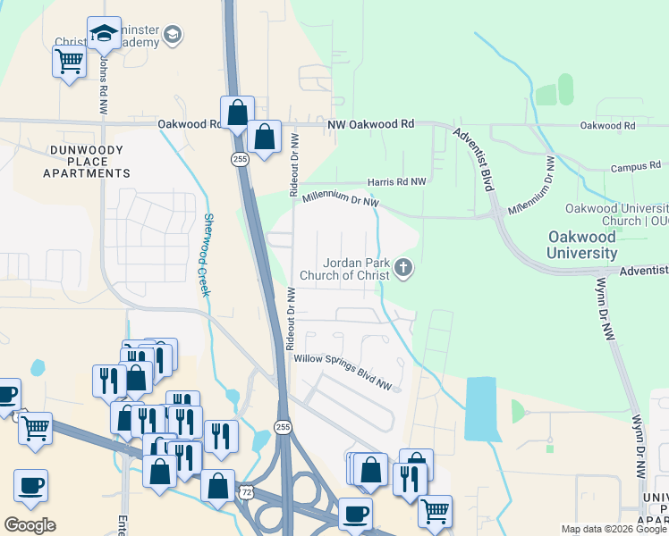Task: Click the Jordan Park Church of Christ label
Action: (356, 268)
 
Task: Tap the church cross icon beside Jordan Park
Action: (403, 267)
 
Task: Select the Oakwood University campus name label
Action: (581, 245)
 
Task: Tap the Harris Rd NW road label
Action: (396, 181)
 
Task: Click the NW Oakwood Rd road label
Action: (370, 125)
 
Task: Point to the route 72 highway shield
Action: (247, 492)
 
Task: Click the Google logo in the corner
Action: (30, 525)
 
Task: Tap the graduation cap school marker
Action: (104, 33)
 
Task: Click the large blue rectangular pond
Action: (481, 408)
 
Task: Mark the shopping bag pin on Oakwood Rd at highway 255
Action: (237, 113)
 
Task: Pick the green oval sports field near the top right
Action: (565, 88)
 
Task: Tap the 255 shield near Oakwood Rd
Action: (239, 158)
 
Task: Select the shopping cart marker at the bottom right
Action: (435, 512)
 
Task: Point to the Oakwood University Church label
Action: (616, 214)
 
